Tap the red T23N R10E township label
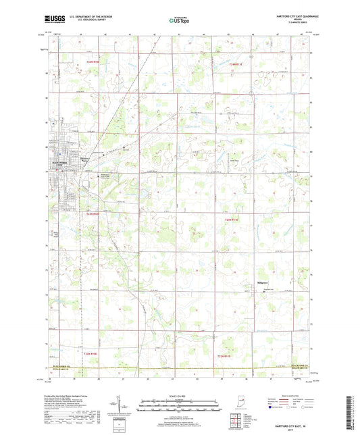point(97,213)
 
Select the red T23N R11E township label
point(232,218)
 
